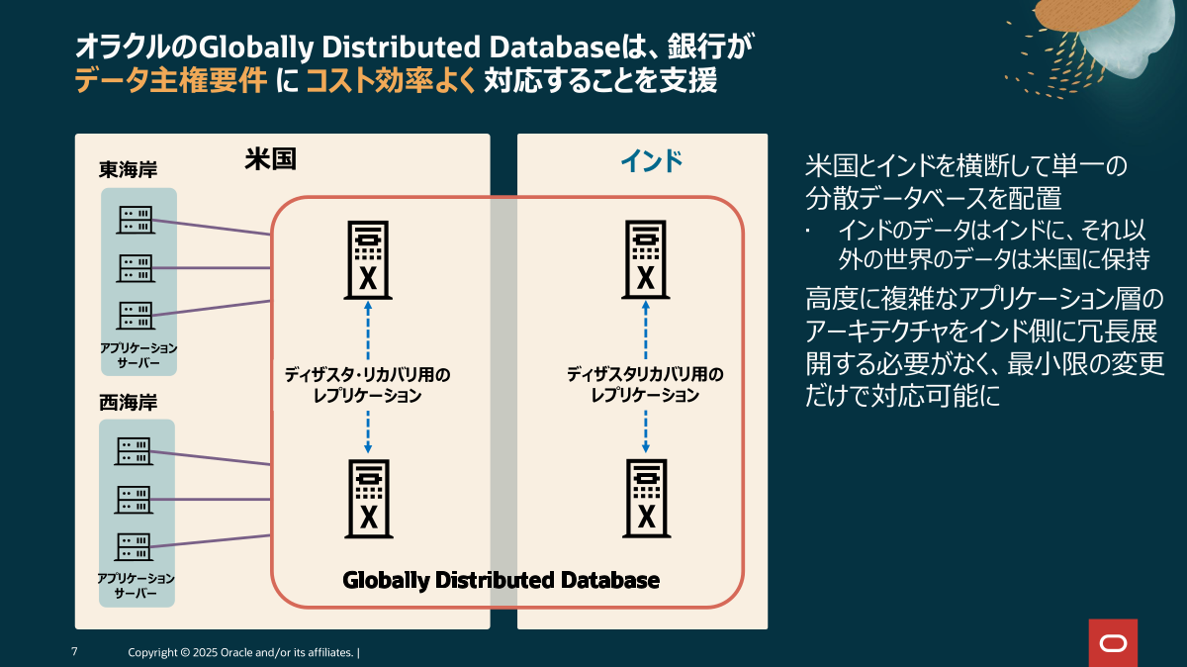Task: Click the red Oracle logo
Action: point(1113,643)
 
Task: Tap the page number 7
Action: point(74,652)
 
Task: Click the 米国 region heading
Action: point(270,158)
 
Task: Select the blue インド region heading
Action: point(651,160)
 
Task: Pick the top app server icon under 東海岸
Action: point(135,219)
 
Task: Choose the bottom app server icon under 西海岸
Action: point(135,544)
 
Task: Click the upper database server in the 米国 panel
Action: point(367,260)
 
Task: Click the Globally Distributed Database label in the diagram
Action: point(501,580)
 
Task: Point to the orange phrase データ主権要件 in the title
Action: point(171,81)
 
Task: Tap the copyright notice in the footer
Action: point(243,653)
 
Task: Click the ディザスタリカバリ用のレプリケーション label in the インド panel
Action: point(645,385)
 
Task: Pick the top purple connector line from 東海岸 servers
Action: point(213,227)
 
